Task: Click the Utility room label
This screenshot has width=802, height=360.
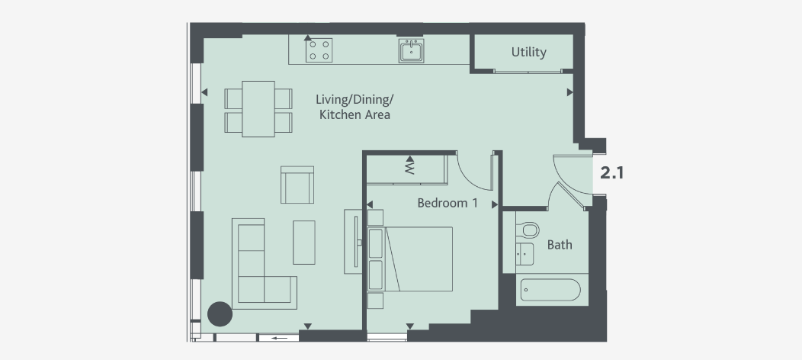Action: click(x=528, y=53)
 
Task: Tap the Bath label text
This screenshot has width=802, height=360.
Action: click(x=560, y=245)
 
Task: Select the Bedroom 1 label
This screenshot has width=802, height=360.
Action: click(x=448, y=204)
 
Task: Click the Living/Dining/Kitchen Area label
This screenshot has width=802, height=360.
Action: click(x=354, y=108)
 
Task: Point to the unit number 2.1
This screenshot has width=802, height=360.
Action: click(x=612, y=173)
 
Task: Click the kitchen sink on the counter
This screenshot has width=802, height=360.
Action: click(x=411, y=51)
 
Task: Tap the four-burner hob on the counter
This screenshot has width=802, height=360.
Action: click(x=318, y=51)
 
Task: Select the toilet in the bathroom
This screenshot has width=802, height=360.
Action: click(x=529, y=229)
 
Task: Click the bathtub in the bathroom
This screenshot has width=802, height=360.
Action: click(x=549, y=290)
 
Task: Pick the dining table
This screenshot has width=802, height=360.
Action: click(x=258, y=109)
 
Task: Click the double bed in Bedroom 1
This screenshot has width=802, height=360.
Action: click(x=419, y=259)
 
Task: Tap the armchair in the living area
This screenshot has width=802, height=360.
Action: click(x=297, y=185)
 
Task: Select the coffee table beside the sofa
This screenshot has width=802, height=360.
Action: click(x=304, y=242)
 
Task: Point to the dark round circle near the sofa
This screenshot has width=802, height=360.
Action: click(x=220, y=313)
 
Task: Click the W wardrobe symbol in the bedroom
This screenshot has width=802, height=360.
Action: click(x=409, y=167)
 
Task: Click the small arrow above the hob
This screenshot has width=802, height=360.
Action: click(x=308, y=37)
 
